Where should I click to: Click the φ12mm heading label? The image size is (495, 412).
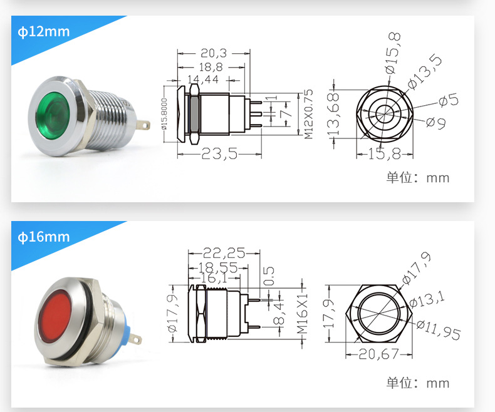pyautogui.click(x=44, y=32)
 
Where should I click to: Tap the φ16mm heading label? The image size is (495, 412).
pyautogui.click(x=44, y=237)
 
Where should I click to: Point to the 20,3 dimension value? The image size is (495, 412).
pyautogui.click(x=214, y=53)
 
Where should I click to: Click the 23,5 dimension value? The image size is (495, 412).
pyautogui.click(x=219, y=153)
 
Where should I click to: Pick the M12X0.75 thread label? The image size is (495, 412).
pyautogui.click(x=308, y=114)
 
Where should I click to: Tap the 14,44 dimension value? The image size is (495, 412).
pyautogui.click(x=203, y=79)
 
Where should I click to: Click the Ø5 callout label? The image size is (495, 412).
pyautogui.click(x=448, y=100)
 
